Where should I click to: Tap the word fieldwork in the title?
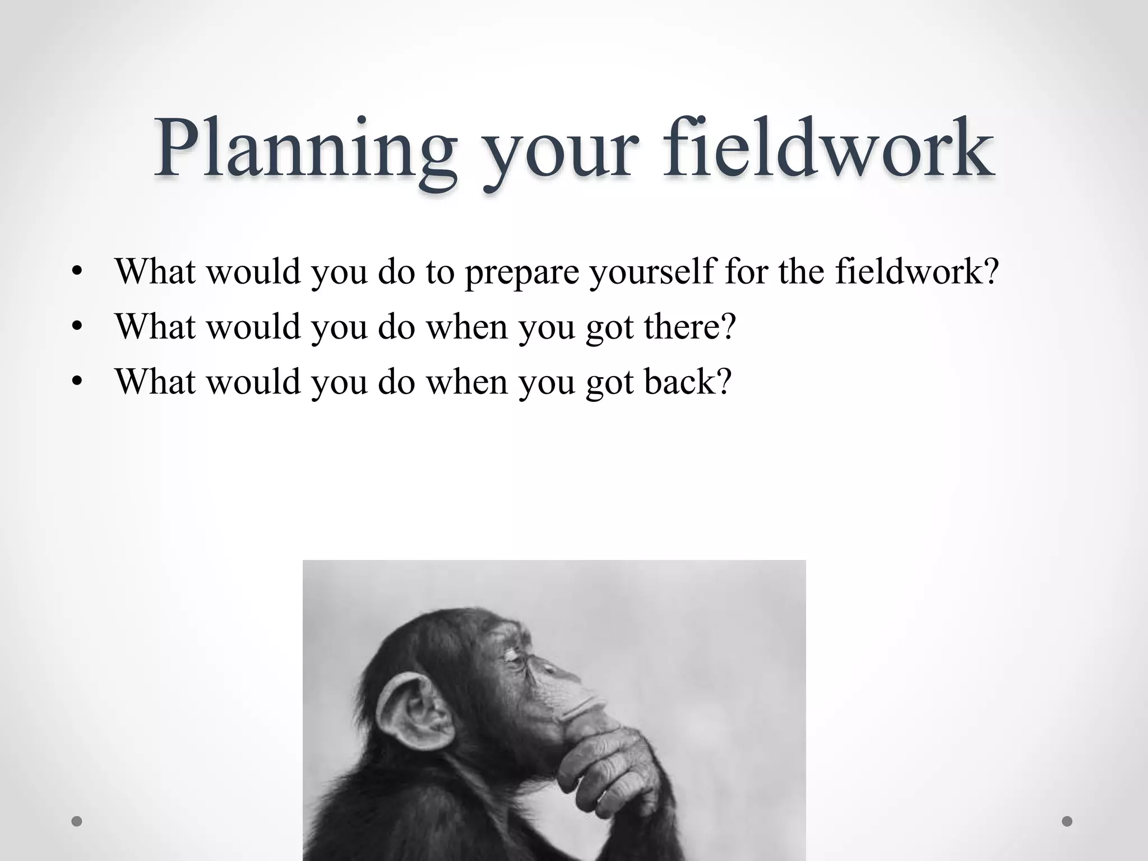pyautogui.click(x=828, y=147)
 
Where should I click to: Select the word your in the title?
pyautogui.click(x=561, y=154)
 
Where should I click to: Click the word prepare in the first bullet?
pyautogui.click(x=521, y=272)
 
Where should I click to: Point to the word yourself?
pyautogui.click(x=651, y=272)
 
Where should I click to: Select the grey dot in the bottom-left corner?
pyautogui.click(x=77, y=821)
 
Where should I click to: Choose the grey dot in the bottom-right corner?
pyautogui.click(x=1067, y=821)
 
